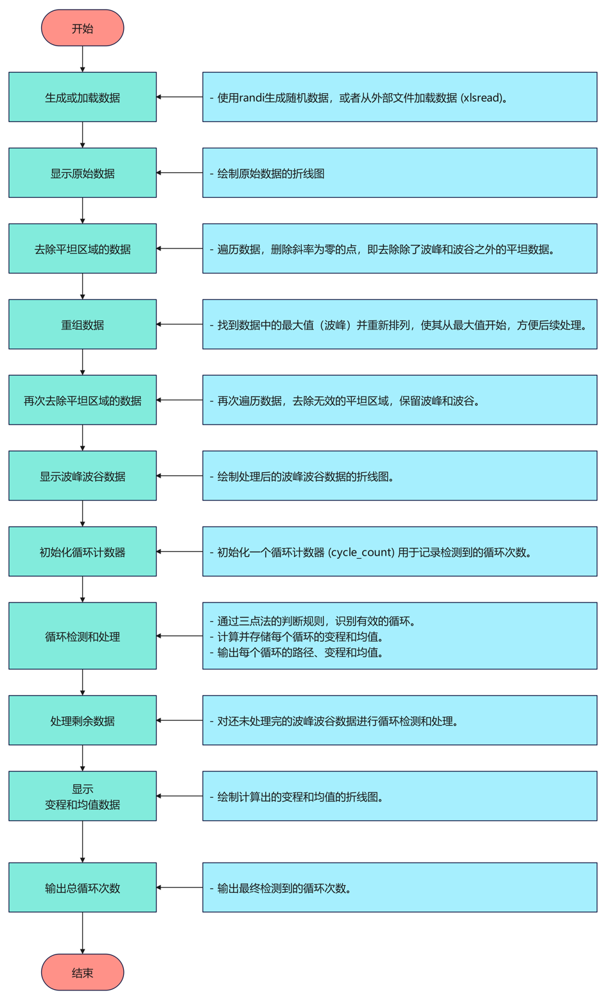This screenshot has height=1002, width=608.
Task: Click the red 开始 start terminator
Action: pos(82,28)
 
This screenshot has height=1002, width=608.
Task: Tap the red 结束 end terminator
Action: pos(82,972)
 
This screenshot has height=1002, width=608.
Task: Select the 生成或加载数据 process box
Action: pos(82,97)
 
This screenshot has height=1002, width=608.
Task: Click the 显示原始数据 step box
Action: pos(82,173)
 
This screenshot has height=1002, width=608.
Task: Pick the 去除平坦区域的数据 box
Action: pos(82,249)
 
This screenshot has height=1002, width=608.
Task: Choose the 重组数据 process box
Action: pos(82,324)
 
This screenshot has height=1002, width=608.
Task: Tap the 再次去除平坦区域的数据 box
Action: pos(82,400)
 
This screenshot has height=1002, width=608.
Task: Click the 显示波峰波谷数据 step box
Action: pos(82,476)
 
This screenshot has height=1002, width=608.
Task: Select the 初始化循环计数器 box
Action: pos(82,552)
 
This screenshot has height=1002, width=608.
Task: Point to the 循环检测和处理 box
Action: pos(82,636)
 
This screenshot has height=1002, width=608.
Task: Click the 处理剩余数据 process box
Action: pos(82,720)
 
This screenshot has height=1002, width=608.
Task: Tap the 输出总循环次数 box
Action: pos(82,888)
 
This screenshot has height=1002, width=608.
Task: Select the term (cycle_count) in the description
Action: pos(361,552)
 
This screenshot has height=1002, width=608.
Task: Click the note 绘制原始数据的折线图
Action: pos(270,174)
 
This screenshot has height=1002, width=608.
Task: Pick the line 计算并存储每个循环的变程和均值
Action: pos(300,637)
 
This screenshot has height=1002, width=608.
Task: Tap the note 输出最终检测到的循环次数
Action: pos(284,888)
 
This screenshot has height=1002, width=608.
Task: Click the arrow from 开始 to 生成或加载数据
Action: pos(82,59)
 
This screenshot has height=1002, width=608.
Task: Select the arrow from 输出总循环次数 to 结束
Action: pos(82,933)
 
